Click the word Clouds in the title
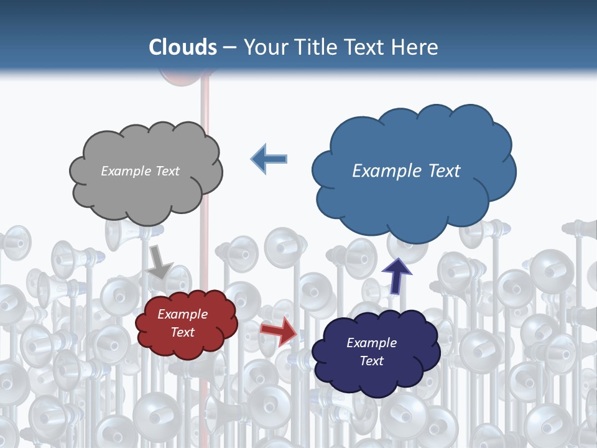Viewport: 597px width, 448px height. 183,47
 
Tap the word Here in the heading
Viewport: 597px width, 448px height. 415,47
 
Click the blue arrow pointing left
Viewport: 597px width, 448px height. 269,159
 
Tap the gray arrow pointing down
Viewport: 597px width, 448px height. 160,262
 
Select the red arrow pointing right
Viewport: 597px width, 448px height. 279,330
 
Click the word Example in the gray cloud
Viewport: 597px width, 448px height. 125,171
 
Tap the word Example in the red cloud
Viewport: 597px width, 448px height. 182,315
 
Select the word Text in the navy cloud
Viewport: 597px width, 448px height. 372,361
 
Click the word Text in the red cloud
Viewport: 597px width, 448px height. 183,332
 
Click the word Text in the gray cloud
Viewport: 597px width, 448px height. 167,171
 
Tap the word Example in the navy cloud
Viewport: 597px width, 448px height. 371,343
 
